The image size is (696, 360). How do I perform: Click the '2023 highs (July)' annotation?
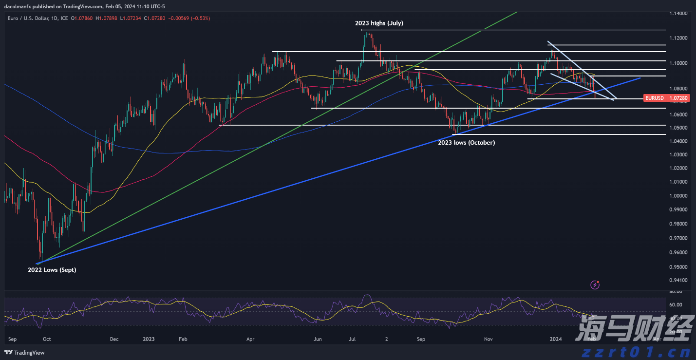coord(378,23)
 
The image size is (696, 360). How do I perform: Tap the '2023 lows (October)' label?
coord(466,143)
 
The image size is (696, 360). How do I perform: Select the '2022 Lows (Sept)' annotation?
coord(52,269)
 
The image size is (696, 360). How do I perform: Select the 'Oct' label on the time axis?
coord(47,339)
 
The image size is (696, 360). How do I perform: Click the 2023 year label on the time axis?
coord(149,339)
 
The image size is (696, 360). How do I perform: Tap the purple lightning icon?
coord(594,284)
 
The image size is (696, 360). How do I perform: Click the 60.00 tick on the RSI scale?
coord(675,304)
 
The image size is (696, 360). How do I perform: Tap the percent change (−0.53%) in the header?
coord(199,18)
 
